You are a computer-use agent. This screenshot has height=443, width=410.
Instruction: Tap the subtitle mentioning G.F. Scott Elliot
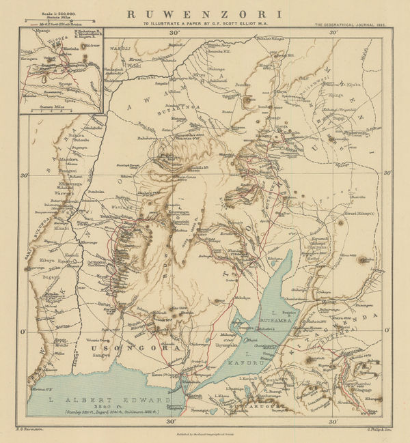pyautogui.click(x=205, y=24)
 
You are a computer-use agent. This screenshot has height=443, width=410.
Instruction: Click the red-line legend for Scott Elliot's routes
pyautogui.click(x=61, y=24)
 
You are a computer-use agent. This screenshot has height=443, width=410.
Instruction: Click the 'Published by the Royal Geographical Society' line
pyautogui.click(x=205, y=433)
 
